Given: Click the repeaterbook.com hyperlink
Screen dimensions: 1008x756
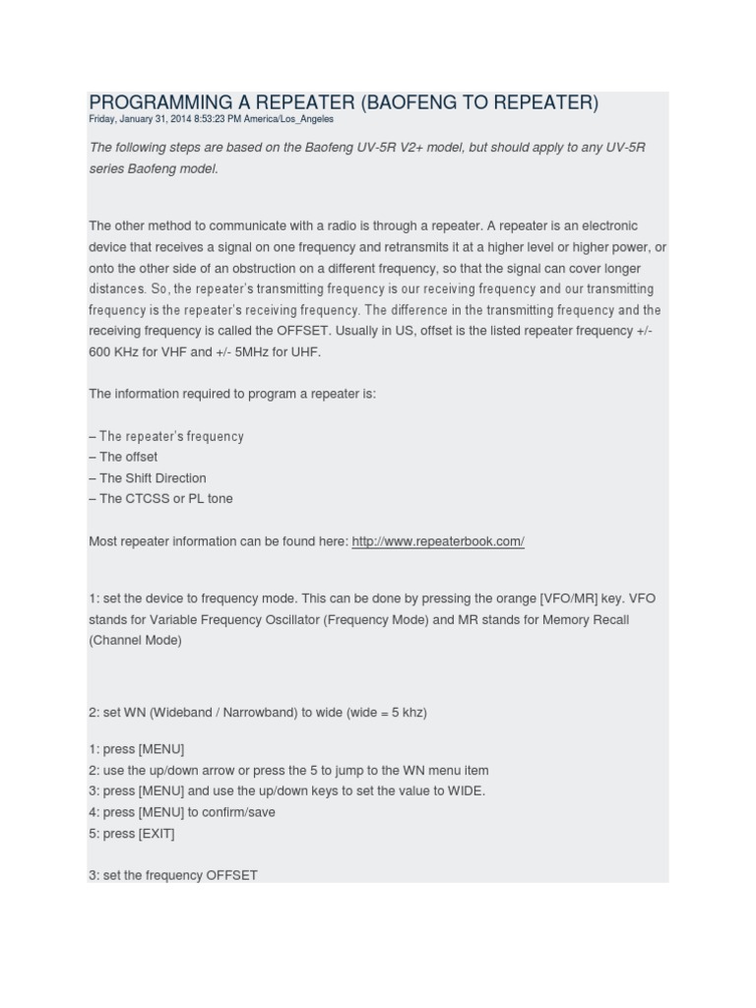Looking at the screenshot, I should click(x=437, y=541).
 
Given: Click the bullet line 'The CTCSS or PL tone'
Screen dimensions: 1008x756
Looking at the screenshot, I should click(x=161, y=498).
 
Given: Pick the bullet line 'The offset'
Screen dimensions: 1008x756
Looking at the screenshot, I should click(x=123, y=457).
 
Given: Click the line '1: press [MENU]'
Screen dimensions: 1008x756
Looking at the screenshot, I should click(x=137, y=749).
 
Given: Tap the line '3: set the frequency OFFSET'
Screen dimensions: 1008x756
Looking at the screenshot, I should click(x=173, y=874).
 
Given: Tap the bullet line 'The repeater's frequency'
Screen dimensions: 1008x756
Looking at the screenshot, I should click(x=166, y=436).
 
